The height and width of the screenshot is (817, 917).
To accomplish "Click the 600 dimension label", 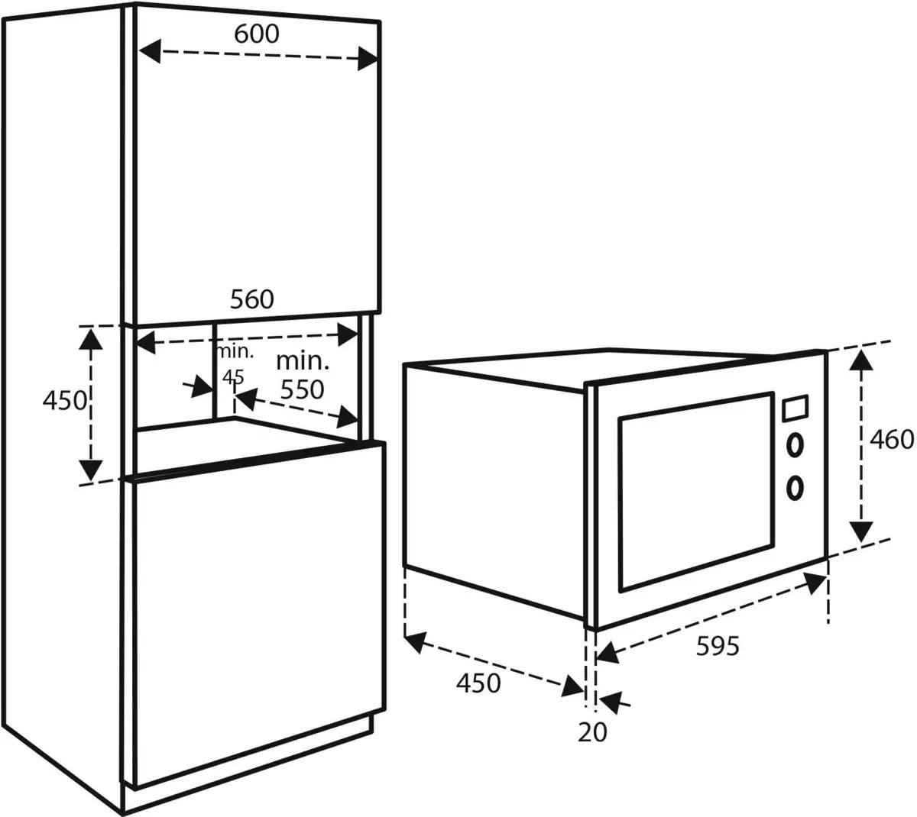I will pos(258,34).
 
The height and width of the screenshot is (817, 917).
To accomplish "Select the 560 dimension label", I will pos(251,299).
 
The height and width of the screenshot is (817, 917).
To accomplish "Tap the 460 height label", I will pos(892,439).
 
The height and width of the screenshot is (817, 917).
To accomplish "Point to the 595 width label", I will pos(718,646).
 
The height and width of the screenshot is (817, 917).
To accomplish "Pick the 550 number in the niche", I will pos(302,389).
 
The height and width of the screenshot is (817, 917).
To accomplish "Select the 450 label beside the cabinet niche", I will pos(64,399).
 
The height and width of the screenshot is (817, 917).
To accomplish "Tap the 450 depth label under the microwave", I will pos(478,682).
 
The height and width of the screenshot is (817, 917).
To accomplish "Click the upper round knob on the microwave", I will pos(795,444).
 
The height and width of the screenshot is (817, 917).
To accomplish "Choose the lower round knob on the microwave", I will pos(795,486).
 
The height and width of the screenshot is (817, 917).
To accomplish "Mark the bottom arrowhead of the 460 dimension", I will pos(862,531).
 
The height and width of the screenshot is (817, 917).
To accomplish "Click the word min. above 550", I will pos(302,360).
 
